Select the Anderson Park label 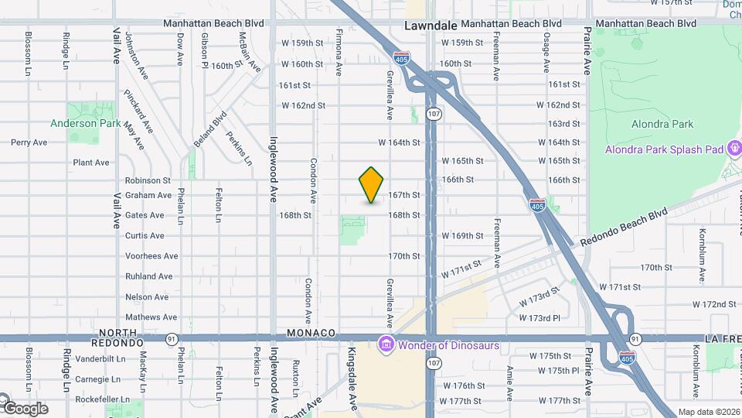click(85, 123)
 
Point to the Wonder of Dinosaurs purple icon click(385, 344)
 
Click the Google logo click(25, 408)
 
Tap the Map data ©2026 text click(709, 412)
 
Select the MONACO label click(311, 333)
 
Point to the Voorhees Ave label click(151, 256)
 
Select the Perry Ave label click(29, 142)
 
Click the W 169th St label click(462, 236)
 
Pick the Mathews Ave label click(151, 317)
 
